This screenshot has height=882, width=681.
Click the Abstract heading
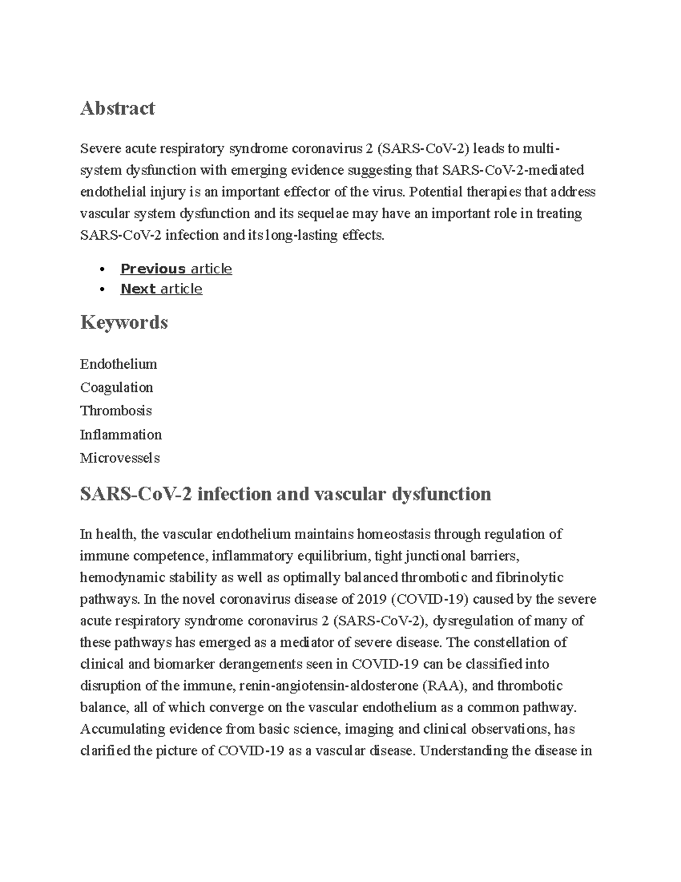117,108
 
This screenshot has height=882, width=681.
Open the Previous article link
176,269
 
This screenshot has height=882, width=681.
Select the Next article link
161,289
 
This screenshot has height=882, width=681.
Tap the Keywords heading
124,323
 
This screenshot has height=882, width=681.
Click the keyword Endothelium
118,364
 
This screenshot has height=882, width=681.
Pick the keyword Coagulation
116,387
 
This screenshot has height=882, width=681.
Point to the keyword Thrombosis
116,411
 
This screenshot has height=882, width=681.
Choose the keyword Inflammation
121,434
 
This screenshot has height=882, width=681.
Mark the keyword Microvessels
120,458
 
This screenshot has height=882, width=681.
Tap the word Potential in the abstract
436,192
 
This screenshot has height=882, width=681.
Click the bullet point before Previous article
102,269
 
